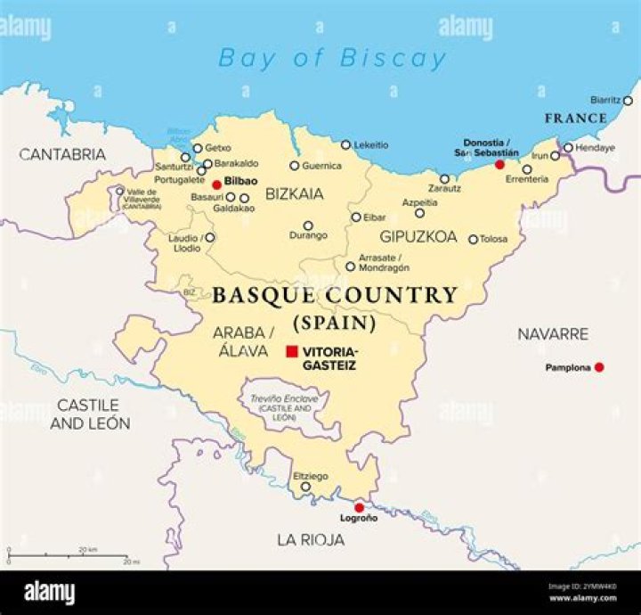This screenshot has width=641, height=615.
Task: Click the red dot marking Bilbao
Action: (216, 185)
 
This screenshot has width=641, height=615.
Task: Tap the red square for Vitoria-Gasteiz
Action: (291, 352)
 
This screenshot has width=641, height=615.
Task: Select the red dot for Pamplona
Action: (599, 367)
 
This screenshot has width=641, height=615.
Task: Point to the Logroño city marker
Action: (360, 507)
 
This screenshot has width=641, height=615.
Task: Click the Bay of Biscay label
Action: (332, 59)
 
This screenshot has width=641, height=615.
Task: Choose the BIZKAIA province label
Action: (295, 193)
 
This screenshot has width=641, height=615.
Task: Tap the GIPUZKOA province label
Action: (418, 237)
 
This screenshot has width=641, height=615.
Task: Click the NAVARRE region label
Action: (553, 334)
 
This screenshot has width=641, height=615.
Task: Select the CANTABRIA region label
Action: (62, 155)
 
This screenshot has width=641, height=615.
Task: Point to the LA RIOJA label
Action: (310, 540)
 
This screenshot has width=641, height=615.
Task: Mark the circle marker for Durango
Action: (308, 225)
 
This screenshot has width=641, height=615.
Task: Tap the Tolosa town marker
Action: (474, 239)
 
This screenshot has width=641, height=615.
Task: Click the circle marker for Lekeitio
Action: (346, 144)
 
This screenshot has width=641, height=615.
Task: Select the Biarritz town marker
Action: (627, 101)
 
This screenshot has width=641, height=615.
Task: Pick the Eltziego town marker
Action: (305, 487)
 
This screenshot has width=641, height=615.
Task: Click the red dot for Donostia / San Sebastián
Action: (499, 165)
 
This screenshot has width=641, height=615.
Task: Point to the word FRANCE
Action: (576, 119)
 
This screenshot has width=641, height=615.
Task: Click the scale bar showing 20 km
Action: (68, 556)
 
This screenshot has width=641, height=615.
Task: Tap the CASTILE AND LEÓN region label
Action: (90, 414)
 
